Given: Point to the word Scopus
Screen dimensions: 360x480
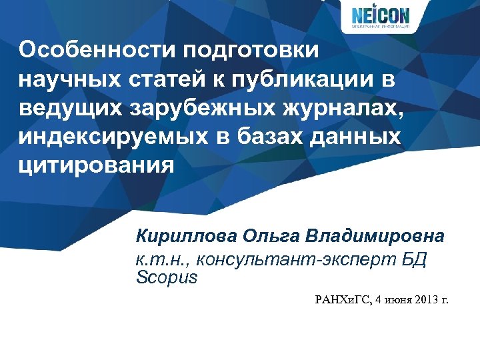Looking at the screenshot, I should point(167,277).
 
